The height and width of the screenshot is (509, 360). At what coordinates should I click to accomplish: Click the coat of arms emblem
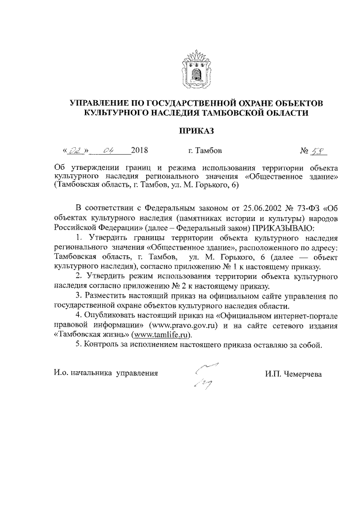pos(196,69)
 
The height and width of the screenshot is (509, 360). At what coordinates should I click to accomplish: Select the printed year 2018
pos(139,151)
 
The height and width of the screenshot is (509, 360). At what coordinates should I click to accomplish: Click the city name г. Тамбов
pos(204,151)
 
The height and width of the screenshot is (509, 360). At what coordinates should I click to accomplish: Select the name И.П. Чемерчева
pos(295,373)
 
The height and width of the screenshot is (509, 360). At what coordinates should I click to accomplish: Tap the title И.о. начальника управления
pos(106,373)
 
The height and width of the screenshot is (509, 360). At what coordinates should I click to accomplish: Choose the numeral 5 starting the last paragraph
pos(78,345)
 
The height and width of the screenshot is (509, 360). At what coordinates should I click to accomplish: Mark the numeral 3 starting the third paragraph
pos(78,296)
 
